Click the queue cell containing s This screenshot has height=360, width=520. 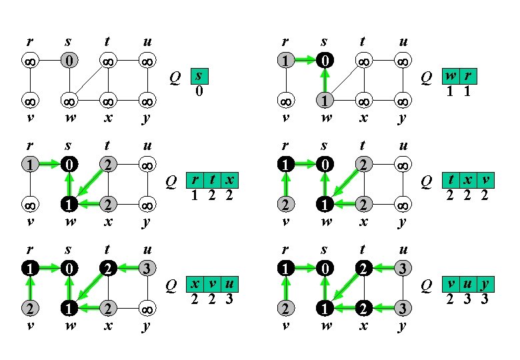tap(199, 76)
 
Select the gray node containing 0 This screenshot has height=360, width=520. tap(69, 61)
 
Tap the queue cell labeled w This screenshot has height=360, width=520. tap(451, 77)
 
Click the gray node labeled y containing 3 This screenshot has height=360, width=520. tap(402, 309)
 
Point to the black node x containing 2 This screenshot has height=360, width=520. tap(363, 309)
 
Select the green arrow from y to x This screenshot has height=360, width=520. tap(383, 309)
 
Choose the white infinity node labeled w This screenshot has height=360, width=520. tap(69, 101)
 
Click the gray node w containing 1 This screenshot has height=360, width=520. tap(324, 101)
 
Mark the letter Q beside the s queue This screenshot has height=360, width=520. tap(175, 77)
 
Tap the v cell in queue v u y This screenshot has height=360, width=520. tap(451, 285)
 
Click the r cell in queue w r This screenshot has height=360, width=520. tap(467, 77)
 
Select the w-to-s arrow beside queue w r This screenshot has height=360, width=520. tap(324, 81)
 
